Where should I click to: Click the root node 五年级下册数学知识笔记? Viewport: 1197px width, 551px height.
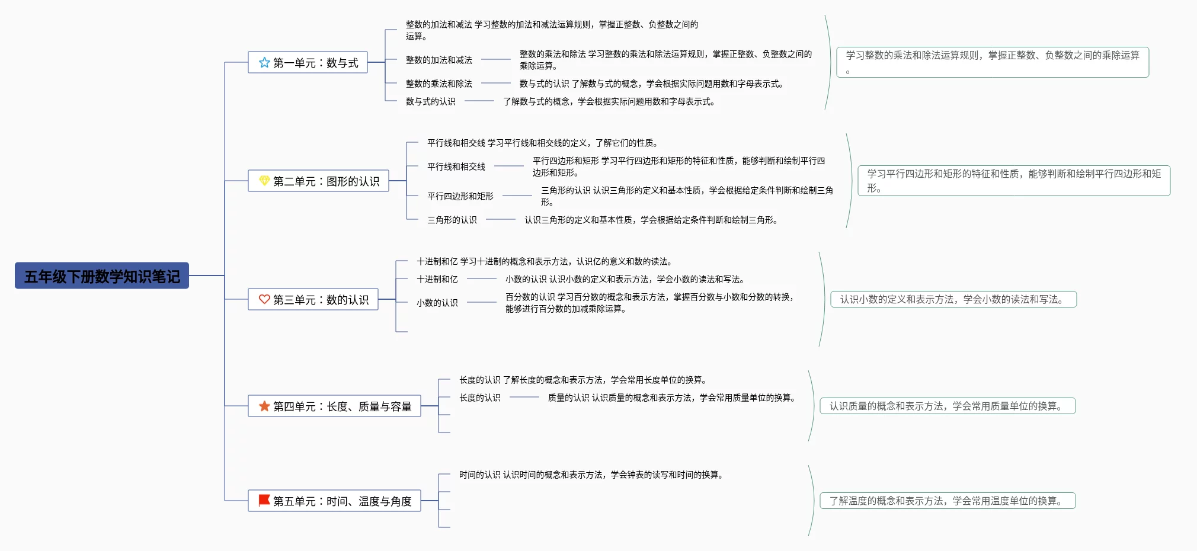(x=102, y=276)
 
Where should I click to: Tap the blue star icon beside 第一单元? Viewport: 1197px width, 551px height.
(x=264, y=62)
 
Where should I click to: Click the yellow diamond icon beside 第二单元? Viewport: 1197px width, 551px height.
(x=264, y=181)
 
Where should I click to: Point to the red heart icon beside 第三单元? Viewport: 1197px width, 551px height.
(x=264, y=299)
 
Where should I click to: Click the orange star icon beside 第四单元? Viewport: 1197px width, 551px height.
(x=264, y=406)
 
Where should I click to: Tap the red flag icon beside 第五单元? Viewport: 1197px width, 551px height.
(x=264, y=501)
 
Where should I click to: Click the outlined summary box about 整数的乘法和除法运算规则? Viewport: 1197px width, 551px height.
(x=993, y=62)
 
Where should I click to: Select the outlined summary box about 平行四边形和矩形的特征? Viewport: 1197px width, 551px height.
(x=1014, y=181)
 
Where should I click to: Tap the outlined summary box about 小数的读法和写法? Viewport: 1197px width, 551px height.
(x=953, y=299)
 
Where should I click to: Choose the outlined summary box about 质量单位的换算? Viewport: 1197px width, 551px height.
(x=948, y=406)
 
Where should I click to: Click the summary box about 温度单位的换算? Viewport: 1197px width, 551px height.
(x=948, y=501)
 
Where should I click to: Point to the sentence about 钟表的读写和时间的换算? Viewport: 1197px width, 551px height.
(x=591, y=475)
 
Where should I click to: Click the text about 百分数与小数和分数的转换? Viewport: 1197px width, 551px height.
(x=649, y=303)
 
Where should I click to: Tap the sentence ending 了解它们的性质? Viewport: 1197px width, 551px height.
(x=542, y=143)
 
